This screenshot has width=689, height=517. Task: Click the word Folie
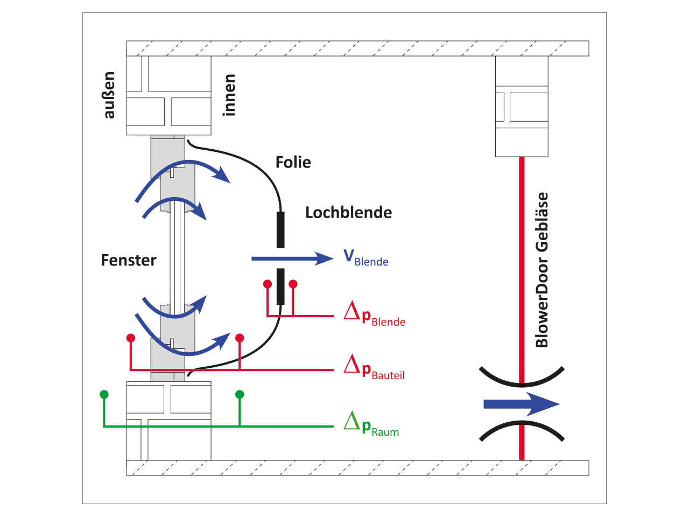[x=293, y=162]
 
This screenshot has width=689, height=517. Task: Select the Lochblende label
[x=348, y=213]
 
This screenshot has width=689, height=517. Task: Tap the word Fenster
[x=129, y=261]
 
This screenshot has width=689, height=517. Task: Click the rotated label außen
[x=109, y=95]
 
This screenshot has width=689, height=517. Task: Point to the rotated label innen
[x=229, y=95]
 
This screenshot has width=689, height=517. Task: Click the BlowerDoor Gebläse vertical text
[x=542, y=270]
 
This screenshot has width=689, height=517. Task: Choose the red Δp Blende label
[x=375, y=314]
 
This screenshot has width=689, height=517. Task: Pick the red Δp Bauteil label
[x=374, y=368]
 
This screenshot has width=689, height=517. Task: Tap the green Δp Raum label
[x=371, y=424]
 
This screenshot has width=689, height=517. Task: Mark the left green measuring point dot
[x=104, y=395]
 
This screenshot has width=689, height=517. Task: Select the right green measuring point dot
[x=240, y=395]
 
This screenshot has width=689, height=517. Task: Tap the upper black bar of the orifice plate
[x=280, y=229]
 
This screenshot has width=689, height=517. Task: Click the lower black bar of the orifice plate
[x=280, y=287]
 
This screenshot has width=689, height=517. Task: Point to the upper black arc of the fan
[x=521, y=379]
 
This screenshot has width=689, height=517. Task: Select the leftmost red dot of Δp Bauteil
[x=131, y=338]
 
